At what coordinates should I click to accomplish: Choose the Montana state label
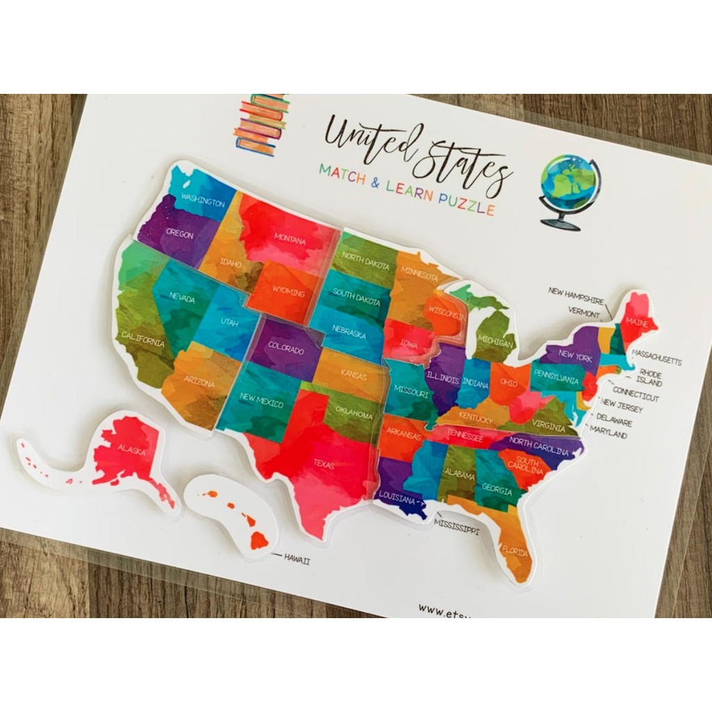click(x=289, y=240)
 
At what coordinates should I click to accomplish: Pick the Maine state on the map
click(x=636, y=321)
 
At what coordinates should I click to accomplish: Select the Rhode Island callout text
click(x=651, y=378)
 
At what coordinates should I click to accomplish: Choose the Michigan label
click(x=496, y=343)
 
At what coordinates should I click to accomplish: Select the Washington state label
click(x=202, y=202)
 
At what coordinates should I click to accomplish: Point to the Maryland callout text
click(x=608, y=435)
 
